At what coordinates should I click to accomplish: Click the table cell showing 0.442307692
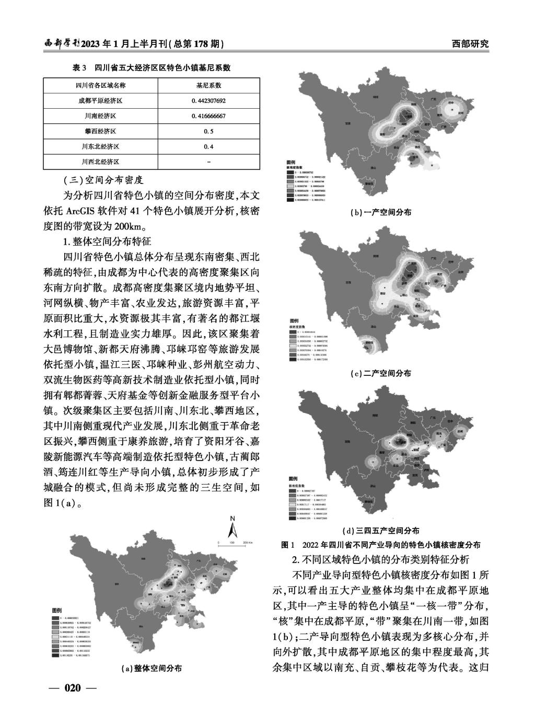click(208, 101)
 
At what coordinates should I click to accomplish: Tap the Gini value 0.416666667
click(208, 116)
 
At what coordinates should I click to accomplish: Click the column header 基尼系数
click(208, 86)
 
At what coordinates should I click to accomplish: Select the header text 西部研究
click(470, 44)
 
